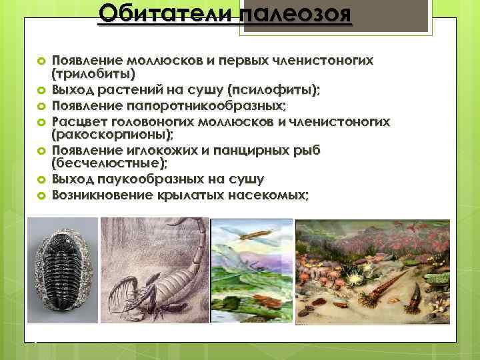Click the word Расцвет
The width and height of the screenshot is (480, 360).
[79, 122]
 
